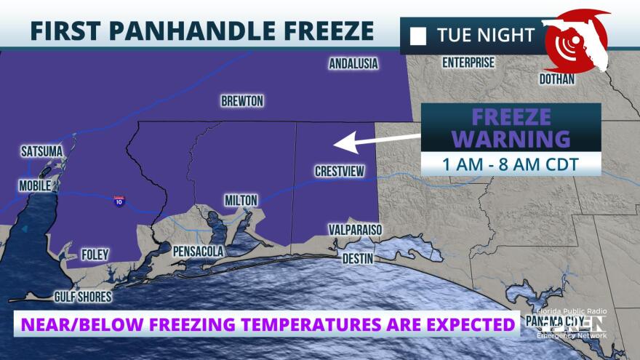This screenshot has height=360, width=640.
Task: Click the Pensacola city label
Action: coord(199,251)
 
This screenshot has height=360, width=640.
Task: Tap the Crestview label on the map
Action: coord(339,172)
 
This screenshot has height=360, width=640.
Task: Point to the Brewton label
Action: coord(242,101)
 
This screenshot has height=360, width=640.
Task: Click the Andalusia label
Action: coord(353,63)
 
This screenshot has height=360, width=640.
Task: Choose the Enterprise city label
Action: coord(468,63)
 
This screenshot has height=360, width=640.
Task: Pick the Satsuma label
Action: coord(41,151)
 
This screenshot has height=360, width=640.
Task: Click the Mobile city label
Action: coord(35,185)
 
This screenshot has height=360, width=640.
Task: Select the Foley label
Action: coord(95,255)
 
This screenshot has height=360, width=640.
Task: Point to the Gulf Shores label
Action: coord(84,297)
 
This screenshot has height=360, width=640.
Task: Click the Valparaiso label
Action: coord(354,230)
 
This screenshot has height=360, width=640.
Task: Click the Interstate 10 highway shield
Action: coord(118,201)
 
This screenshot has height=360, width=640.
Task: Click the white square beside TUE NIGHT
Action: coord(418,35)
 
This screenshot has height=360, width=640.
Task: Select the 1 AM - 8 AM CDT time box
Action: coord(511,164)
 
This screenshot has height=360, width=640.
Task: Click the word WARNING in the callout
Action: coord(511,138)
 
